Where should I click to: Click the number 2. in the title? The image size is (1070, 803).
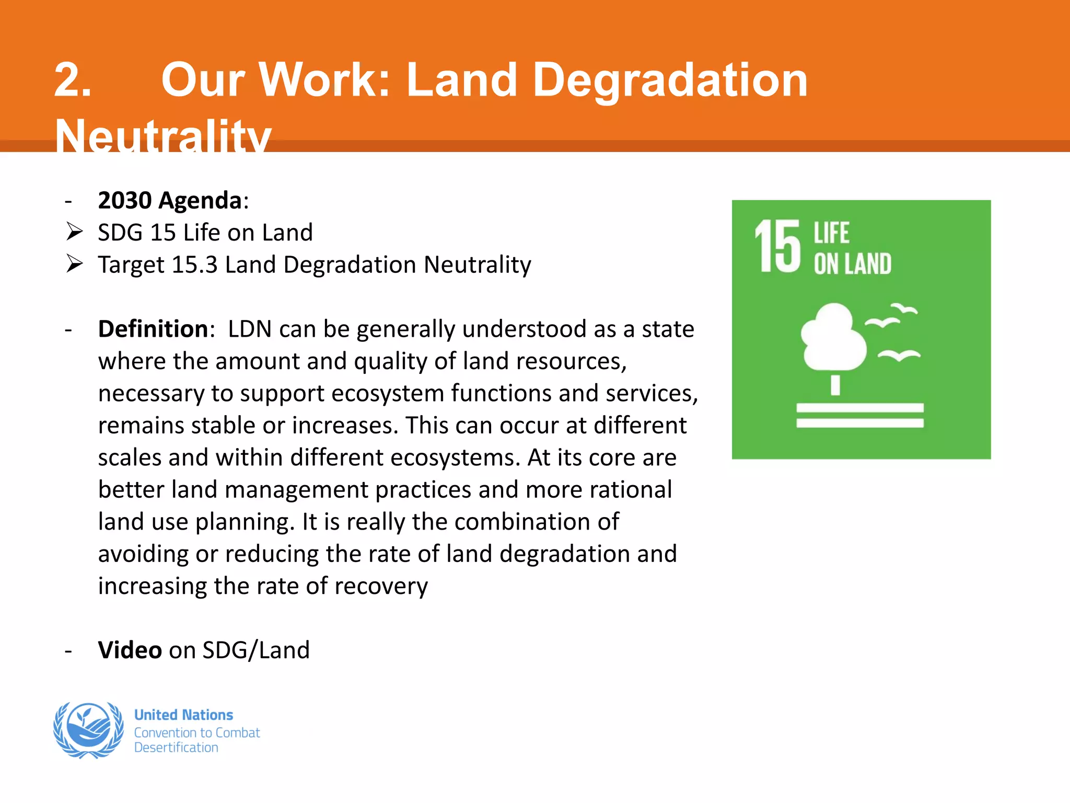[73, 81]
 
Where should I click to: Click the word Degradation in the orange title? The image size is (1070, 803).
[670, 81]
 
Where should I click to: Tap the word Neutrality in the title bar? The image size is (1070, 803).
[163, 135]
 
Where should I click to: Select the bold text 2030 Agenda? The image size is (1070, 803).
[170, 201]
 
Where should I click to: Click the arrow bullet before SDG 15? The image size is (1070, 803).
[75, 232]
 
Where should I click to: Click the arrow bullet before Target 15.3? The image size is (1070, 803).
[75, 264]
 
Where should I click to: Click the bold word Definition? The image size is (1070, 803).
[154, 329]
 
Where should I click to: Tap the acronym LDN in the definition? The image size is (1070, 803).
[250, 329]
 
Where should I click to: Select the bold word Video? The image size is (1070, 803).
[130, 650]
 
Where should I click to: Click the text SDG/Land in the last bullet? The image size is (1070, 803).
[256, 650]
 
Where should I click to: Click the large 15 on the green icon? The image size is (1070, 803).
[777, 246]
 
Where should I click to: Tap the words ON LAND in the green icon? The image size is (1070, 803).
[853, 264]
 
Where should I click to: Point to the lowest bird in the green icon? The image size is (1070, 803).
[899, 355]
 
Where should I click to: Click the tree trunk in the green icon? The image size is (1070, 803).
[835, 385]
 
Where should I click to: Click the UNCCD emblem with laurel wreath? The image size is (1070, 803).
[89, 730]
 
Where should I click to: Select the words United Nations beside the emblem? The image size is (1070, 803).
[183, 715]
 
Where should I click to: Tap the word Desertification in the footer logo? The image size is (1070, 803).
[176, 748]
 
